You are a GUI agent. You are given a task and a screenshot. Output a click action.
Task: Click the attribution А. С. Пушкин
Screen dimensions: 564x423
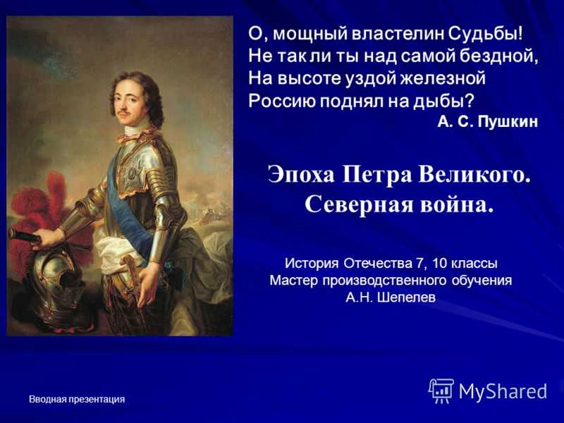pyautogui.click(x=488, y=121)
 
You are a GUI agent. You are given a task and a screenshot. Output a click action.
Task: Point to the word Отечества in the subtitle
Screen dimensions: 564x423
pyautogui.click(x=377, y=263)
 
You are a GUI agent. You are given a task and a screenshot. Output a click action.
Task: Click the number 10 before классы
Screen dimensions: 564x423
pyautogui.click(x=439, y=263)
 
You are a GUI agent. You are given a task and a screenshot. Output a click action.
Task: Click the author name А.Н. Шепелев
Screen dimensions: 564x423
pyautogui.click(x=391, y=297)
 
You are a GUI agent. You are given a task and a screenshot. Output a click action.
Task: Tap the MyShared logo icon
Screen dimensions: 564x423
pyautogui.click(x=441, y=391)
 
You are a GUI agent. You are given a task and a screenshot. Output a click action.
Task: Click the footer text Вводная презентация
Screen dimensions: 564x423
pyautogui.click(x=77, y=399)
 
